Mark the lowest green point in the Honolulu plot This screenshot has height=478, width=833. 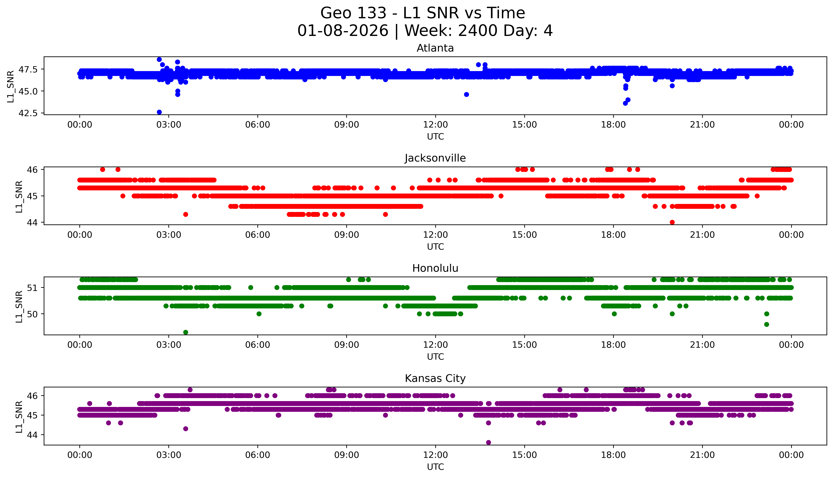click(185, 332)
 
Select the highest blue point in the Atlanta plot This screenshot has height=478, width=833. click(159, 59)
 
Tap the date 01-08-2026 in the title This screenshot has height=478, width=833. click(343, 31)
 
